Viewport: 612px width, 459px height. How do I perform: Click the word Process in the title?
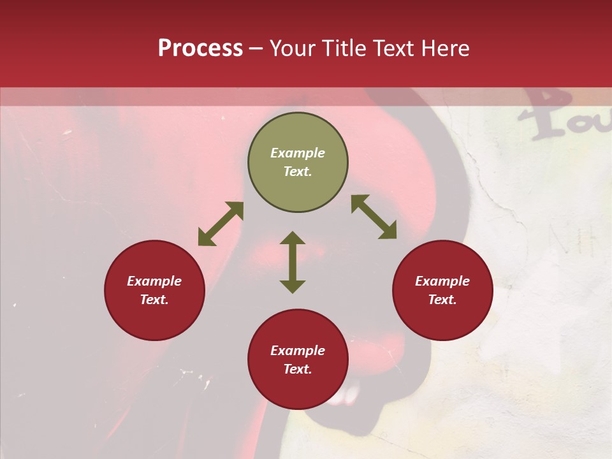(x=200, y=48)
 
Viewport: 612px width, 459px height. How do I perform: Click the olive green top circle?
(x=298, y=134)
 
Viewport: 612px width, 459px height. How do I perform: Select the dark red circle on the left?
(x=154, y=319)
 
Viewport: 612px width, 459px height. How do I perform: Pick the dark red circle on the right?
(x=442, y=319)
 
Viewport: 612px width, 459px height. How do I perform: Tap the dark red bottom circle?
(x=298, y=389)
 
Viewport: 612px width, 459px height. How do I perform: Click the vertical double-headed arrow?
(x=293, y=262)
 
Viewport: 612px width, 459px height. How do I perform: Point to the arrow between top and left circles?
(x=221, y=224)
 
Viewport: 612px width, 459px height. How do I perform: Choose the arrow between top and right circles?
(x=374, y=217)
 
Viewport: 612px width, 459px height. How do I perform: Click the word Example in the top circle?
(x=298, y=153)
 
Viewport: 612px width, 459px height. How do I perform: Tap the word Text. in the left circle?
(x=154, y=300)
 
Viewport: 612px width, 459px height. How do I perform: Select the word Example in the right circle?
(x=442, y=281)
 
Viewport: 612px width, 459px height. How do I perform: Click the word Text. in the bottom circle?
(x=298, y=369)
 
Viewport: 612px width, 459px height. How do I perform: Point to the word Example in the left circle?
(x=154, y=281)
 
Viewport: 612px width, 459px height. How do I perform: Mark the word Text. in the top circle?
(x=298, y=171)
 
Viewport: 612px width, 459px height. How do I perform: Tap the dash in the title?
(x=256, y=48)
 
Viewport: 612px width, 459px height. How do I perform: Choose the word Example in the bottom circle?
(x=298, y=351)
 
